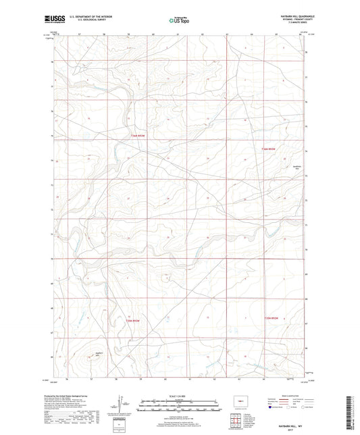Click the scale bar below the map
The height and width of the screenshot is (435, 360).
coord(179,407)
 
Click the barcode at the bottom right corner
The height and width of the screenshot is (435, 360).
coord(350,413)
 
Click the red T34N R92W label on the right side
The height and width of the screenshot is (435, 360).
coord(269,149)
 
